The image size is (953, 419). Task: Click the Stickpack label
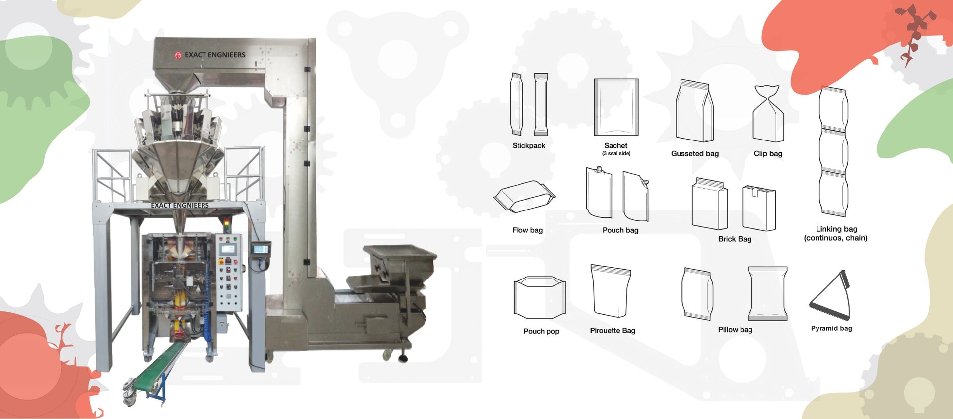click(x=529, y=146)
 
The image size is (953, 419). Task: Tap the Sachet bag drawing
click(x=616, y=107)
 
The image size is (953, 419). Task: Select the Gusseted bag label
click(x=695, y=154)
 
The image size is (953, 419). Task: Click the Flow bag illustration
click(x=525, y=197)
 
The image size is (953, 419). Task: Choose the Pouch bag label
click(x=620, y=230)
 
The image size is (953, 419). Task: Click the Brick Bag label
click(x=735, y=239)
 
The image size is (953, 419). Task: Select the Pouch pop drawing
click(x=540, y=297)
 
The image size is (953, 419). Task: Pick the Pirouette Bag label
click(x=613, y=331)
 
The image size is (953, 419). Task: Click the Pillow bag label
click(x=735, y=330)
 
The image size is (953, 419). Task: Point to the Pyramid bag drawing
click(x=830, y=295)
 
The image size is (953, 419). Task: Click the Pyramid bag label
click(x=831, y=328)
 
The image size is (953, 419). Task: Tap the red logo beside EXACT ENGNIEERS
click(x=178, y=55)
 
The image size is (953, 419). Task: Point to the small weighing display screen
click(x=260, y=248)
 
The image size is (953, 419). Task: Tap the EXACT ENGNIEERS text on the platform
click(x=180, y=205)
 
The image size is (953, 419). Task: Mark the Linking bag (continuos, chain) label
click(x=836, y=233)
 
